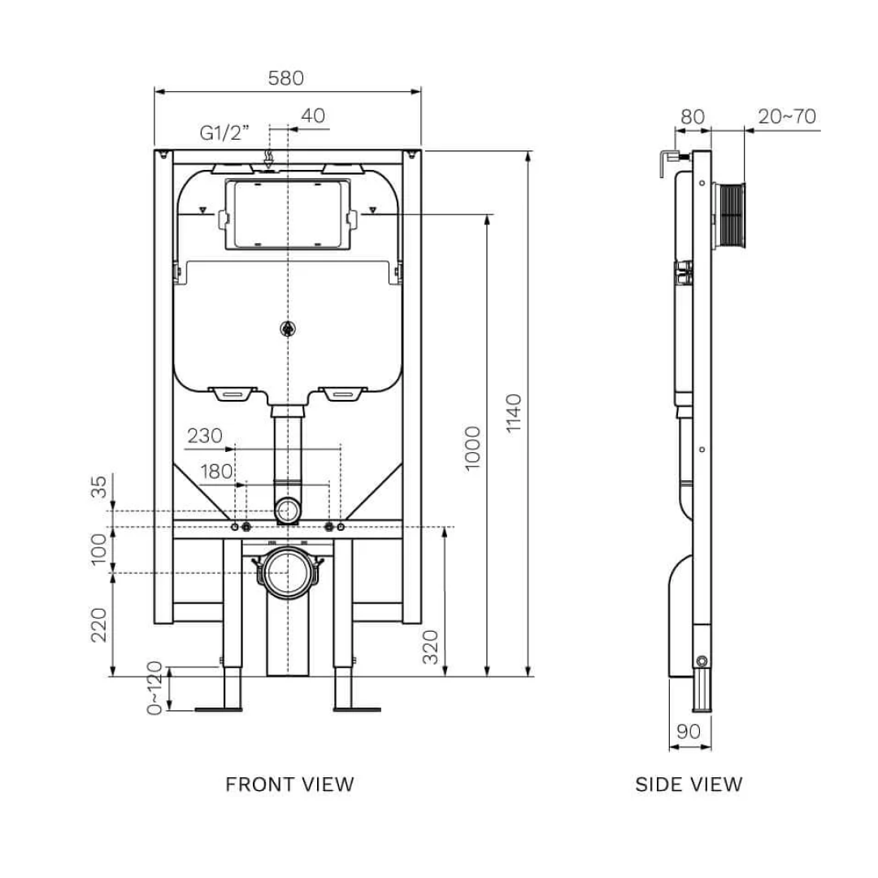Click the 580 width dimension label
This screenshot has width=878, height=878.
point(285,78)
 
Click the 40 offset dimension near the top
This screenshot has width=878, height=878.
point(312,116)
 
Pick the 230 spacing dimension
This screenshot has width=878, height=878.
point(204,436)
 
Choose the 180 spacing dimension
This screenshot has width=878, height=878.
point(215,472)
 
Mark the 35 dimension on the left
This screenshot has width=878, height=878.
point(98,487)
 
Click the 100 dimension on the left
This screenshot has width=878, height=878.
point(98,550)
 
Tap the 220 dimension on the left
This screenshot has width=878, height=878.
point(98,624)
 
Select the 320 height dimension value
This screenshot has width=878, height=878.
point(431,646)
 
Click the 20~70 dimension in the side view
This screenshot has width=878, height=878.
point(786,116)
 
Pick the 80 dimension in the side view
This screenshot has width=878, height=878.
point(692,116)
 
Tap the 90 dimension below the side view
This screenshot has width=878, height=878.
point(688,731)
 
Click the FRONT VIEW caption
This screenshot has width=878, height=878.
point(289,785)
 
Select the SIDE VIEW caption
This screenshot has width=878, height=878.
point(689,785)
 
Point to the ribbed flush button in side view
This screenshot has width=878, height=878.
point(731,215)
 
